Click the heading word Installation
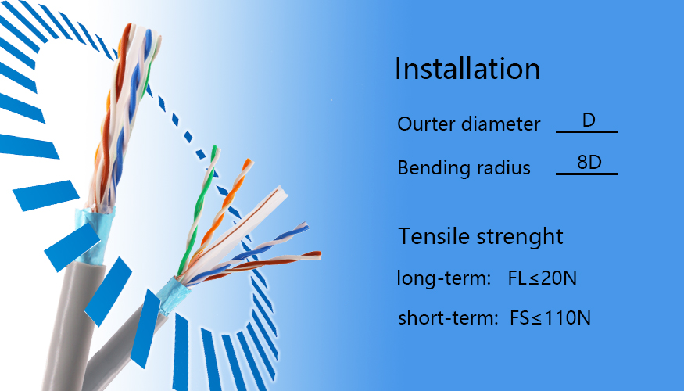(467, 69)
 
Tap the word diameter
(501, 124)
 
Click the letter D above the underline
(589, 120)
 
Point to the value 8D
(589, 163)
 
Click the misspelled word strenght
(520, 237)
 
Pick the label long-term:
(444, 278)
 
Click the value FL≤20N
(543, 278)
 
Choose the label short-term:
(448, 317)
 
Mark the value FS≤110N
(550, 317)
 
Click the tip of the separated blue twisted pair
(305, 227)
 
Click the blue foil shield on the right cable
(174, 295)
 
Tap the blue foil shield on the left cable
(93, 235)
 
